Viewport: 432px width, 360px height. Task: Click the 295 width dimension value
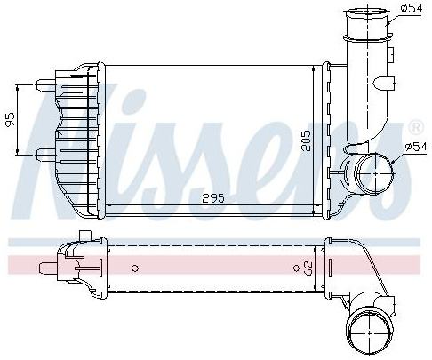coord(213,198)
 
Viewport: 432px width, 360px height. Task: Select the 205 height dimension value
coord(306,140)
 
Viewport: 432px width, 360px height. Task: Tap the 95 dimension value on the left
coord(10,119)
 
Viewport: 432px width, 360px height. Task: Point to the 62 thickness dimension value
coord(308,268)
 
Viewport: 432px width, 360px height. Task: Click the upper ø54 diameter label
coord(412,8)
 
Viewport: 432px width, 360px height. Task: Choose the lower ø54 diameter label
coord(416,147)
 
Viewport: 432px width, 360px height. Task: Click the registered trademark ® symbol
coord(416,127)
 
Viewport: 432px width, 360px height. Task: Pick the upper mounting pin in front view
coord(46,85)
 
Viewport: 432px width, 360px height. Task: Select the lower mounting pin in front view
coord(46,155)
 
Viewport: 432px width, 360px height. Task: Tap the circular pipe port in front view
coord(375,173)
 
